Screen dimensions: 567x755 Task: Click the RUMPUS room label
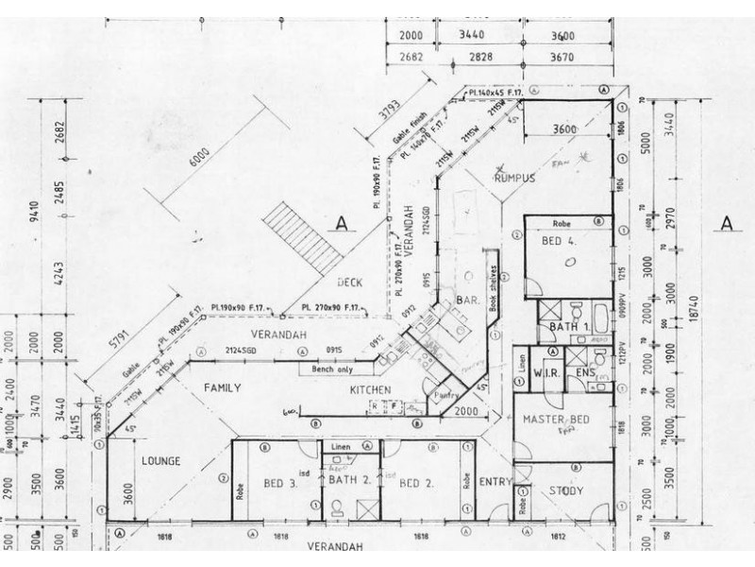pos(513,178)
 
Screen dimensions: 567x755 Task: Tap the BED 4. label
pos(560,241)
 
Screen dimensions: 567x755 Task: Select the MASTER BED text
pos(558,419)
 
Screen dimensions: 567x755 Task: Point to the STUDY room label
pos(565,490)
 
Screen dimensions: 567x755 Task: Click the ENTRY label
pos(495,482)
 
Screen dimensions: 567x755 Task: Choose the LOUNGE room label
pos(160,461)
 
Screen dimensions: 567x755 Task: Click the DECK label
pos(350,282)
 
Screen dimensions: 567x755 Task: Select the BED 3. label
pos(281,484)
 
